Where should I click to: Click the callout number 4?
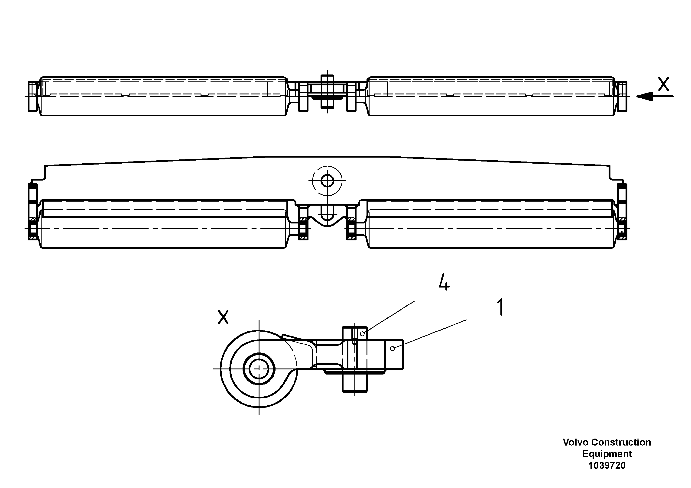(444, 282)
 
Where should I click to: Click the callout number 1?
(500, 307)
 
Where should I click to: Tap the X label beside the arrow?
(664, 84)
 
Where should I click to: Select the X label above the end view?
(223, 317)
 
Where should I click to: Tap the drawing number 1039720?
(607, 466)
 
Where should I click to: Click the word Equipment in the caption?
(607, 454)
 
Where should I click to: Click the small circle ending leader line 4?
(362, 334)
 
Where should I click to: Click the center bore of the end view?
(259, 368)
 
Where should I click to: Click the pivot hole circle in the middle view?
(327, 181)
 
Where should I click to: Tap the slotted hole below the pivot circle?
(327, 212)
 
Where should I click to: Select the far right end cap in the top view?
(622, 96)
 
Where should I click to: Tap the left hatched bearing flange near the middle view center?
(303, 223)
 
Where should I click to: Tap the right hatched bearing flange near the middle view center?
(351, 223)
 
